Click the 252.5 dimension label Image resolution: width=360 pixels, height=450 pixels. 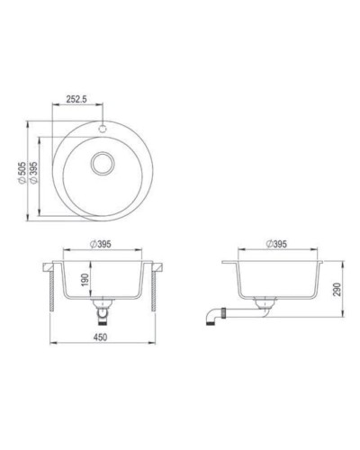point(81,102)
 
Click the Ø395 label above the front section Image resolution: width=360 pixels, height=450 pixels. point(101,246)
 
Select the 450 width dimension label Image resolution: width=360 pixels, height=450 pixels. point(103,337)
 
